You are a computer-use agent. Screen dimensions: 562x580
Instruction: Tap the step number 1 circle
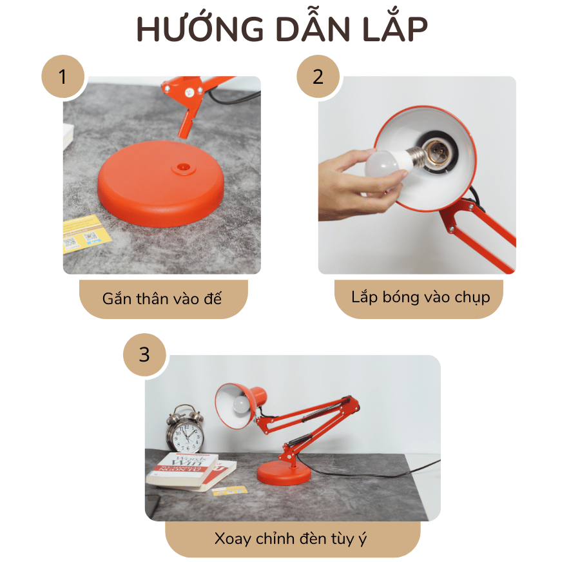tap(63, 77)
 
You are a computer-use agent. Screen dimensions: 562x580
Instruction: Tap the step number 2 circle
tap(318, 77)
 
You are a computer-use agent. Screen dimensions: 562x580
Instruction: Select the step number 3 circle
tap(144, 354)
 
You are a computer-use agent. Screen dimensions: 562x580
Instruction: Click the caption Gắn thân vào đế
tap(162, 298)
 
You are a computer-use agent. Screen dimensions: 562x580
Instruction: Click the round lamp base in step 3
tap(284, 474)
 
